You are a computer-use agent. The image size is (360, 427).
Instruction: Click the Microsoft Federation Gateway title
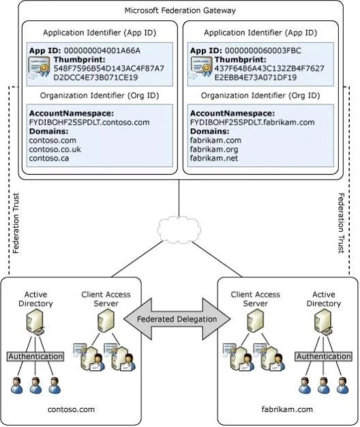tap(180, 11)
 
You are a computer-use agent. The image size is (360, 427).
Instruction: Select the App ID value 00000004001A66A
tap(102, 50)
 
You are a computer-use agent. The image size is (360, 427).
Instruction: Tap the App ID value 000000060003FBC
tap(263, 50)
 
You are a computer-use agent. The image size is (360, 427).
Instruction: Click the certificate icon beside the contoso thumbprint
tap(40, 68)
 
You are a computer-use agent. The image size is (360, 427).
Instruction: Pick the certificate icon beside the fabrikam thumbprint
tap(201, 68)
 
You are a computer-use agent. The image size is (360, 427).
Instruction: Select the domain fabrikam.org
tap(214, 149)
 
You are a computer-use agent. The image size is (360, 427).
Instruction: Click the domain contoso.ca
tap(49, 158)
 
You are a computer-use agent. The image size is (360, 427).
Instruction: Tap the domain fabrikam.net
tap(214, 158)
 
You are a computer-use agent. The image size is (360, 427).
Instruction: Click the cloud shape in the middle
tap(179, 229)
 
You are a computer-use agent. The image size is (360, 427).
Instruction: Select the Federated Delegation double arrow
tap(177, 319)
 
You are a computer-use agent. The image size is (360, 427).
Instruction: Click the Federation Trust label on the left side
tap(16, 223)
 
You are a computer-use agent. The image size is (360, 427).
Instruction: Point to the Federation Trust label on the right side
tap(341, 223)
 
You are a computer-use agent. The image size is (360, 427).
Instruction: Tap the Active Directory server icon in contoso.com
tap(35, 323)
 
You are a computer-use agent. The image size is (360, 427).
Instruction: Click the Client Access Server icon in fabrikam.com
tap(255, 321)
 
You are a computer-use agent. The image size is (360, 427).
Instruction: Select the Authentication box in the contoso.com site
tap(35, 356)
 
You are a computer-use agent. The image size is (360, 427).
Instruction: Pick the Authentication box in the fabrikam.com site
tap(323, 356)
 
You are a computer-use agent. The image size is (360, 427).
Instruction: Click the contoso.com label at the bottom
tap(72, 409)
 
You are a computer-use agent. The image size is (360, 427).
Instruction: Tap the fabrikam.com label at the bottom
tap(287, 409)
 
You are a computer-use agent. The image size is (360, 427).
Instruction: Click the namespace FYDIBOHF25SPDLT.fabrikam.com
tap(252, 122)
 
